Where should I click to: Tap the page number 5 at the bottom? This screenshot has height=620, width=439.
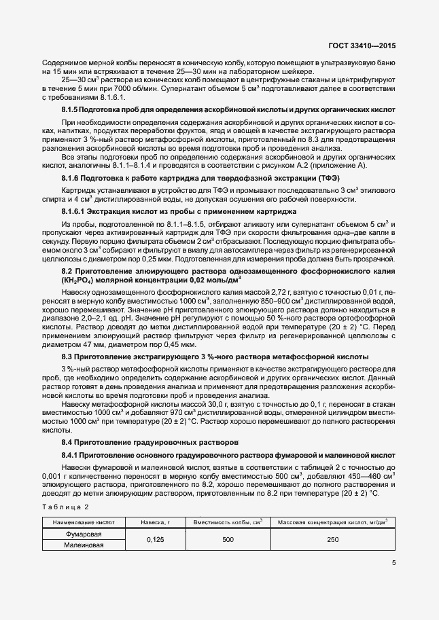click(x=394, y=562)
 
